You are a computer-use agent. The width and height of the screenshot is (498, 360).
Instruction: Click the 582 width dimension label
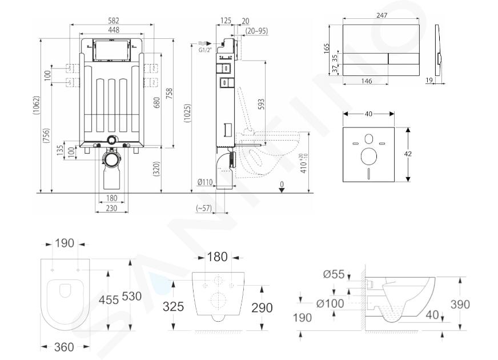tap(114, 21)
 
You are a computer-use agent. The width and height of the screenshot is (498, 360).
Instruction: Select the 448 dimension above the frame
tap(114, 30)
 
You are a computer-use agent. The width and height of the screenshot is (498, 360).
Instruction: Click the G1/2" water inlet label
tap(205, 50)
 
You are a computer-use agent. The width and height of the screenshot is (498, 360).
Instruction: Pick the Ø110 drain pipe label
tap(205, 182)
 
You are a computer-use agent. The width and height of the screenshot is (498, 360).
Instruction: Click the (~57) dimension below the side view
tap(203, 208)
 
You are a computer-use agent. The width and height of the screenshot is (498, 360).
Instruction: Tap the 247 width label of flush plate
tap(381, 15)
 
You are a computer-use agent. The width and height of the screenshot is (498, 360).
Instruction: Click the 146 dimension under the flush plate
tap(366, 81)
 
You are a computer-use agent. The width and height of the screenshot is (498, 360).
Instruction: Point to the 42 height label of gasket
tap(408, 154)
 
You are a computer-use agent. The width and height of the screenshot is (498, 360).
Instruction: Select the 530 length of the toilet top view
tap(132, 296)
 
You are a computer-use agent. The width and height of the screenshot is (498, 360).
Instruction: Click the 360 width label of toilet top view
tap(64, 347)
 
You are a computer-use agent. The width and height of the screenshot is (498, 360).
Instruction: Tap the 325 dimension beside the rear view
tap(173, 306)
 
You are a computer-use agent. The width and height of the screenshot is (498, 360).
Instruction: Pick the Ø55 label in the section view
tap(334, 274)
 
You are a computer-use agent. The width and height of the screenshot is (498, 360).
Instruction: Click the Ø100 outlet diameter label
tap(330, 303)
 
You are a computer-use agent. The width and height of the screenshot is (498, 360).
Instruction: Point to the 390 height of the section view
tap(460, 304)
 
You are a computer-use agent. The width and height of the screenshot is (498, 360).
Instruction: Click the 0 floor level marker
tap(282, 184)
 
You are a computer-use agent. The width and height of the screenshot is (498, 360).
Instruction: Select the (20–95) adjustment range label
tap(256, 31)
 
